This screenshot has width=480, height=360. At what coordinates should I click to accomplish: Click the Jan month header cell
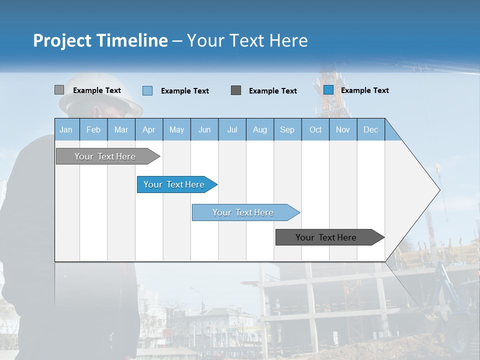coord(66,129)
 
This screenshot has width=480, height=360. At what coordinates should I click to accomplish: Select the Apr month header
coord(149,129)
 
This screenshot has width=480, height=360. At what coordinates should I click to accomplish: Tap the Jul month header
coord(232,129)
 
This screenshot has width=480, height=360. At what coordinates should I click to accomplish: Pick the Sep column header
coord(287,129)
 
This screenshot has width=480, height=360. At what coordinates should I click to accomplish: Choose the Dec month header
coord(370,129)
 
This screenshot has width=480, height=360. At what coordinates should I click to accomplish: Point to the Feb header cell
coord(93,129)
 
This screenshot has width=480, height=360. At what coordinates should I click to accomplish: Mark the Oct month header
coord(315,129)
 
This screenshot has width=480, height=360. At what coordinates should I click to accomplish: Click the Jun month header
coord(204,129)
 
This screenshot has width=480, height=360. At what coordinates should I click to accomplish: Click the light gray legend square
coord(59,90)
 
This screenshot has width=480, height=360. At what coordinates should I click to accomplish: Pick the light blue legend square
coord(147,90)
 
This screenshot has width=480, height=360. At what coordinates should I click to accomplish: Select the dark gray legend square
coord(236,90)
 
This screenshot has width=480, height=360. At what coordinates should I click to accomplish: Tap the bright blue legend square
coord(328,90)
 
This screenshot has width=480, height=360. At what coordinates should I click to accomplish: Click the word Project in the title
coord(61,40)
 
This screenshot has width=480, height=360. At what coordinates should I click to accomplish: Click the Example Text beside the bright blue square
coord(364,90)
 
